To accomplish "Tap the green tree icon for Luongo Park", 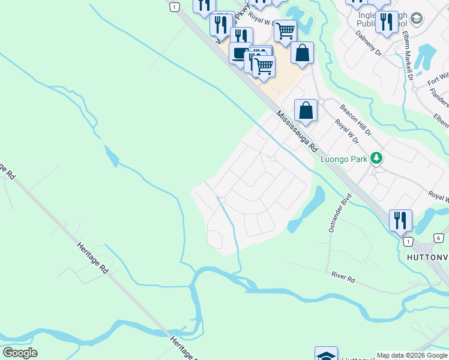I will (376, 158).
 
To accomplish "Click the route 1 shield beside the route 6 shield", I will (408, 241).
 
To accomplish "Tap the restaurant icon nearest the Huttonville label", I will (400, 220).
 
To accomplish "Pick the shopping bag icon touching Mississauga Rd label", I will (306, 111).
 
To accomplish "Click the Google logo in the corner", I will (20, 353).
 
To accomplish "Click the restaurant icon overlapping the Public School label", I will (387, 22).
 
